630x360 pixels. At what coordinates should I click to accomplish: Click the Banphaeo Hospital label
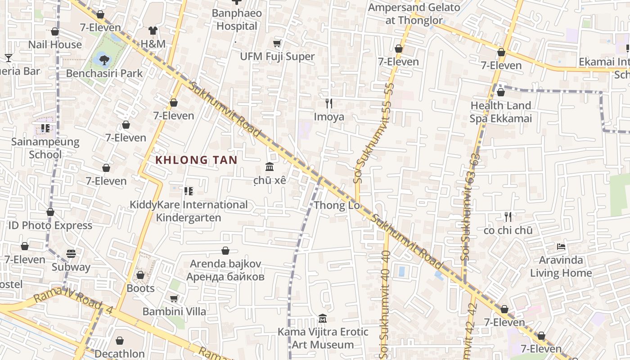[237, 20]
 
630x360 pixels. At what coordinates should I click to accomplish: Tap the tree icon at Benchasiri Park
[104, 59]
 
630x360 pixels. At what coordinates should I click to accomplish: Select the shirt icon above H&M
[153, 31]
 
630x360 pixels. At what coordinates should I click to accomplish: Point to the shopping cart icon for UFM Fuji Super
[277, 43]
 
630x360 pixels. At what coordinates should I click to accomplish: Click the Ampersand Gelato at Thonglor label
[414, 13]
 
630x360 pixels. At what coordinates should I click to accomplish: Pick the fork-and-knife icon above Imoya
[329, 103]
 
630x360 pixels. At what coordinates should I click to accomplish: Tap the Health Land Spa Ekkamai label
[500, 112]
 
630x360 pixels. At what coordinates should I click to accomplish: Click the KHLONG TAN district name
[196, 160]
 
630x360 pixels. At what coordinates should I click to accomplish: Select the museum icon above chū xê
[270, 167]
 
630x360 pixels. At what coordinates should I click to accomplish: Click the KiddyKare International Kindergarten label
[189, 211]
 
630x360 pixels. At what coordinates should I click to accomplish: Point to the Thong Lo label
[337, 206]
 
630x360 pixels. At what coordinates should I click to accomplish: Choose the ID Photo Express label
[50, 225]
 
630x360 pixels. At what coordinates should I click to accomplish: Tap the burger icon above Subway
[71, 254]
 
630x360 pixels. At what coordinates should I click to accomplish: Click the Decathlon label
[120, 354]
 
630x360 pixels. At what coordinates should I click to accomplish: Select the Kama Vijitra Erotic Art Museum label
[323, 338]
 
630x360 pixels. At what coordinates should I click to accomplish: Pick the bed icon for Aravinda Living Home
[561, 247]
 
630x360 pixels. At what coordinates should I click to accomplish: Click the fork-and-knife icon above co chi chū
[508, 217]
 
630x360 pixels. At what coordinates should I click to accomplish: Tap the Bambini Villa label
[174, 311]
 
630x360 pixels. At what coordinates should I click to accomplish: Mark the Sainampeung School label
[45, 148]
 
